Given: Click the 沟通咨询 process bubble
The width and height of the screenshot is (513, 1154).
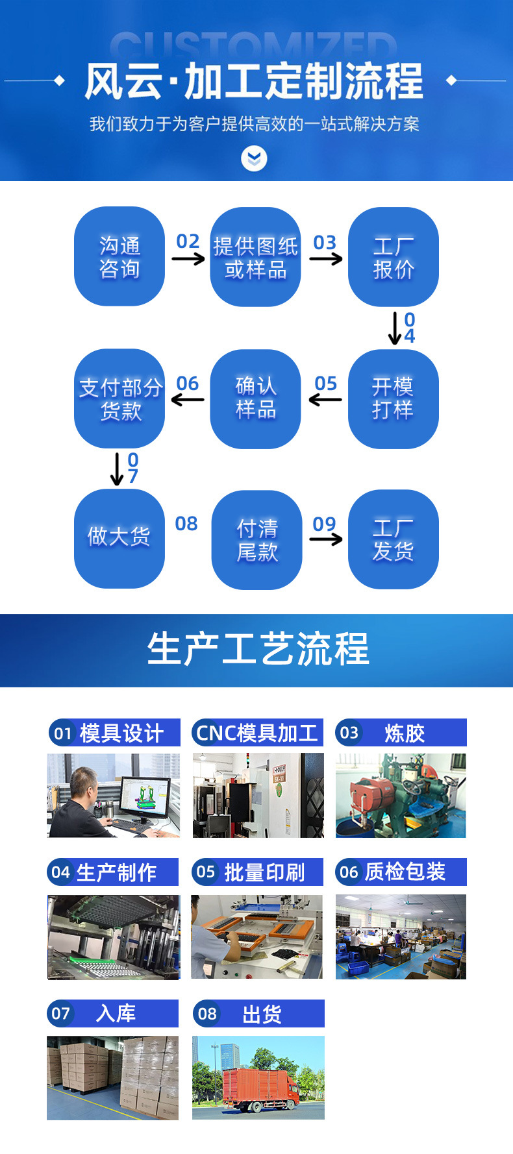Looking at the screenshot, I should coord(119,256).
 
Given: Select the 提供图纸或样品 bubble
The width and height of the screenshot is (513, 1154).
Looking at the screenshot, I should coord(256,257).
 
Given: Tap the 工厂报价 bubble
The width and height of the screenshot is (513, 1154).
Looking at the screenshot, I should coord(394,257).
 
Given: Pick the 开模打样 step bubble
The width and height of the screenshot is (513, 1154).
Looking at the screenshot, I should coord(394,399).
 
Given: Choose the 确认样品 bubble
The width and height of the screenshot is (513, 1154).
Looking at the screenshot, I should coord(256,399).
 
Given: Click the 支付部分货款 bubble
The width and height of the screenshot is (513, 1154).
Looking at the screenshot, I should coord(119,399).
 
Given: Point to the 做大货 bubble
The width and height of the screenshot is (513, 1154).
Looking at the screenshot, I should coord(119,539).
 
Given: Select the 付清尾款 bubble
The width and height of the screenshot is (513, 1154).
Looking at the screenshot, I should coord(257,539).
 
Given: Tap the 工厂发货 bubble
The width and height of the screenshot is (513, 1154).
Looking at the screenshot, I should coord(394,539).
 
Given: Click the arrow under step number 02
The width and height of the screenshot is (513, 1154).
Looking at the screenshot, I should coord(188,259).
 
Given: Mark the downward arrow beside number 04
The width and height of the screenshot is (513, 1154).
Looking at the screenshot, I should coord(395,328).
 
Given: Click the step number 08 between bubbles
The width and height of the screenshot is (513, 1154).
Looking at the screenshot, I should coord(186,524).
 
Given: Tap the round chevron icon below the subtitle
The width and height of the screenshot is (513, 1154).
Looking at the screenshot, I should coord(254,158).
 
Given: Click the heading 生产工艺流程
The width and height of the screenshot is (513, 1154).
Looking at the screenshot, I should coord(258,649).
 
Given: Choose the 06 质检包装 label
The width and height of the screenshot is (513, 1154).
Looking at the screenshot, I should coord(401,872).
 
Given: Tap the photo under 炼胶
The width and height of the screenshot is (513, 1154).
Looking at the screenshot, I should coord(401,796).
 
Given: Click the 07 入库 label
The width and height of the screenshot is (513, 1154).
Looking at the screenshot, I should coord(112,1013).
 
